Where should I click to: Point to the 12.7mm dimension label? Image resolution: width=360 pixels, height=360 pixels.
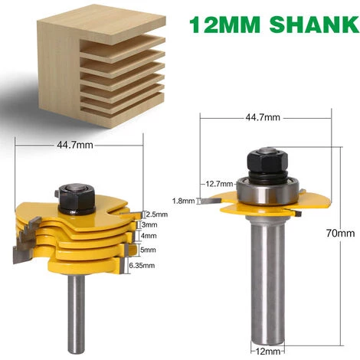click(x=220, y=183)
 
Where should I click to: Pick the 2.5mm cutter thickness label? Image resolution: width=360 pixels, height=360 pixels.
click(x=157, y=214)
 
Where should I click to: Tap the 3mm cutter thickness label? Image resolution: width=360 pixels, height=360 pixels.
click(x=152, y=225)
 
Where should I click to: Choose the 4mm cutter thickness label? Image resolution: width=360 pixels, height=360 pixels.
click(x=152, y=237)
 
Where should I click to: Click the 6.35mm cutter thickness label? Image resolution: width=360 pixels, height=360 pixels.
click(x=156, y=265)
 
